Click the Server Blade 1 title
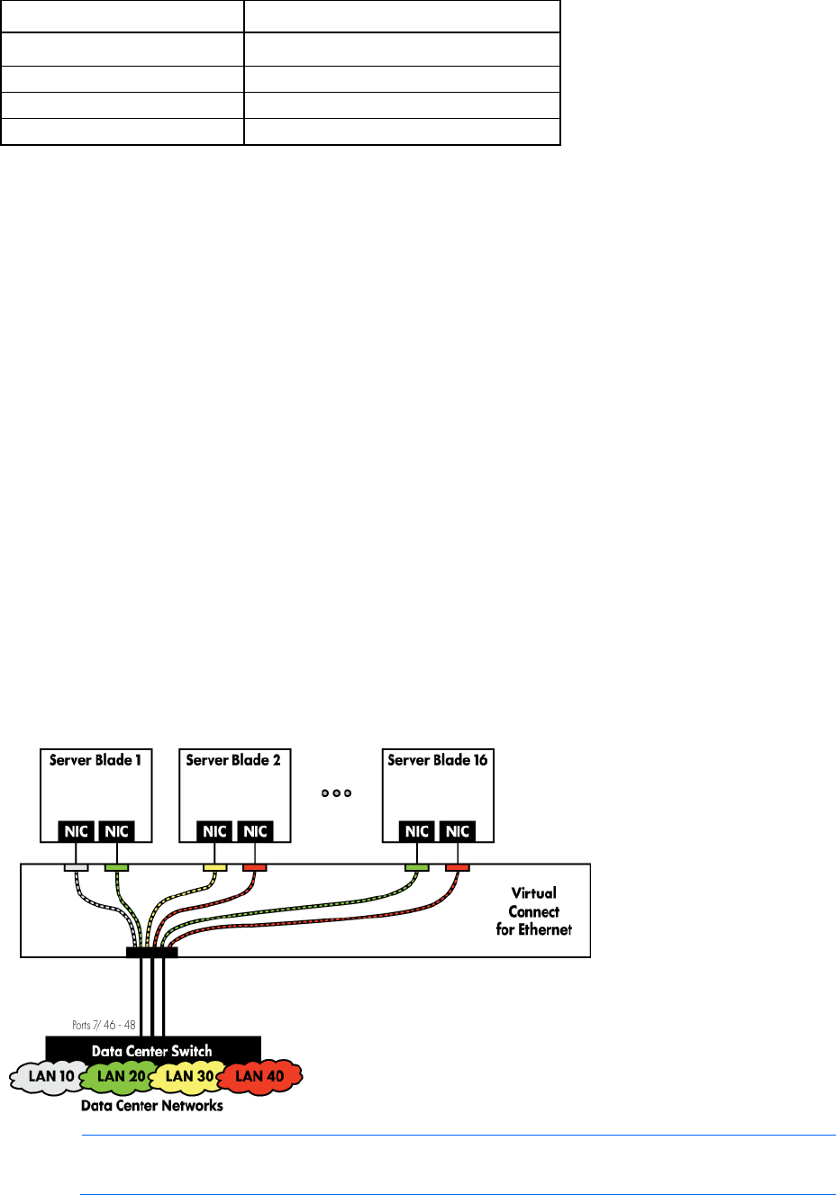point(95,760)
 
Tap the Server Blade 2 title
point(233,760)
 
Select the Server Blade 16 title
point(437,760)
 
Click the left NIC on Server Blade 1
point(76,831)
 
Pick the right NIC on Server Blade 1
point(116,831)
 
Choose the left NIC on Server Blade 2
point(214,831)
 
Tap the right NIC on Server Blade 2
point(255,831)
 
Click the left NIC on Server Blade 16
point(417,831)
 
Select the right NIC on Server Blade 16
point(458,831)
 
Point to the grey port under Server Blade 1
point(76,867)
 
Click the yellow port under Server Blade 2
point(214,867)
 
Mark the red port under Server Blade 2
point(255,867)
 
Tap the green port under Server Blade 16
point(417,867)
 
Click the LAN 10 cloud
point(50,1076)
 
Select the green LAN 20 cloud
point(121,1076)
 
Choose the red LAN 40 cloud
point(259,1076)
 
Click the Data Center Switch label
point(152,1050)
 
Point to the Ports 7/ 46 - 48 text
point(104,1025)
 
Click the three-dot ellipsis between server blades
point(336,793)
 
